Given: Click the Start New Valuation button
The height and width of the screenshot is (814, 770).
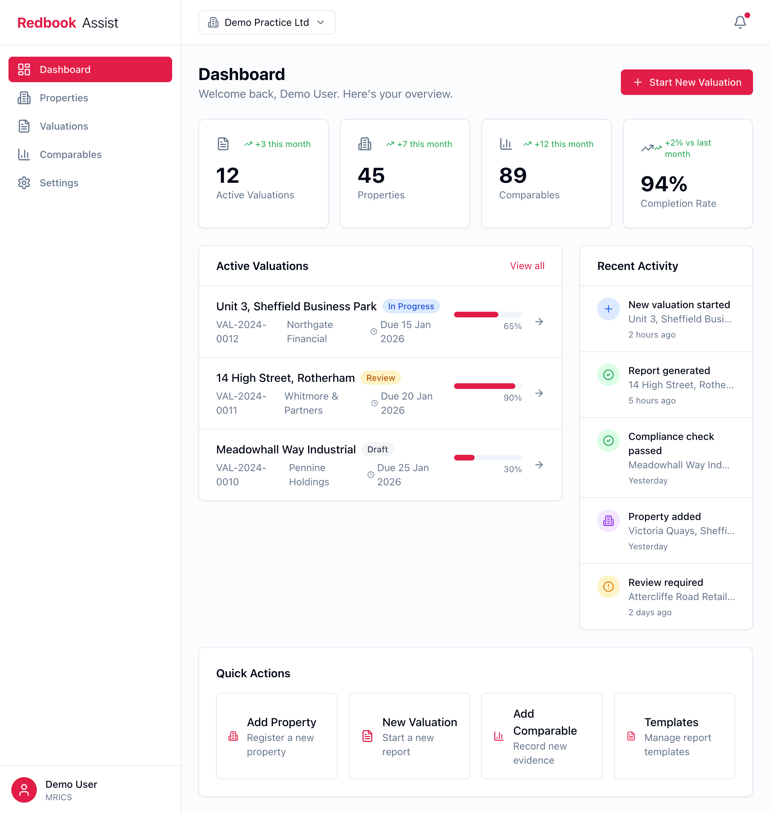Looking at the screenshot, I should [x=686, y=82].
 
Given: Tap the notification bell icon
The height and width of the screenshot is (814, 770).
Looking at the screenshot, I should [x=740, y=22].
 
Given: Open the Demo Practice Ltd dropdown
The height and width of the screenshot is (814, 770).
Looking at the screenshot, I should [x=266, y=23].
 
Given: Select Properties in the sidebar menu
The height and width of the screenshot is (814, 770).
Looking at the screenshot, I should [x=64, y=98].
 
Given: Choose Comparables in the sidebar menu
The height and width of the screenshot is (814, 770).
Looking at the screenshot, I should [x=70, y=154].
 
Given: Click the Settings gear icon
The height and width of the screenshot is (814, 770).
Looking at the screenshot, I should [x=24, y=183].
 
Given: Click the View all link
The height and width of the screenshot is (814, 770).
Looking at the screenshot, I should [x=527, y=266].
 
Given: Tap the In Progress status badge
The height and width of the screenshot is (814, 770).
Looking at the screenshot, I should [x=411, y=306].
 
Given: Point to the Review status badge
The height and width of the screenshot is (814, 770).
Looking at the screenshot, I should [x=380, y=378].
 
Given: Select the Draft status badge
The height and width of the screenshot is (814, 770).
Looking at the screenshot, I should [x=377, y=449].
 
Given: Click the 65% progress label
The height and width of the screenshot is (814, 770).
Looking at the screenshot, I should [x=512, y=326].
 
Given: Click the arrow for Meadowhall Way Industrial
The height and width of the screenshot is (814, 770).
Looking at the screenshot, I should [x=539, y=465].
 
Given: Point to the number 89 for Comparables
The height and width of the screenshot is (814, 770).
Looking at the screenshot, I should [x=513, y=175].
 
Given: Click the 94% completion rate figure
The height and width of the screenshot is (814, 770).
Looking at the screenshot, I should [x=664, y=184].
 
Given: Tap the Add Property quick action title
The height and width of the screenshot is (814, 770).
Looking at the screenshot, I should [x=281, y=722].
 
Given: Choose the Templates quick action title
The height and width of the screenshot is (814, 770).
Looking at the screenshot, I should [x=671, y=722].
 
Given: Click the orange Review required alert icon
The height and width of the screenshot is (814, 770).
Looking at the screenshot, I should [x=608, y=587].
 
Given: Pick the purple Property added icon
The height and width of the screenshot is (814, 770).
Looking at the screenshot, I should [x=608, y=520].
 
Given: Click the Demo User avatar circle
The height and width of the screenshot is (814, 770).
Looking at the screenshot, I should [x=24, y=789].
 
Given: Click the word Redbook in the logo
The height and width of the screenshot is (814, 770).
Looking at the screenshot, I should [x=47, y=23].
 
